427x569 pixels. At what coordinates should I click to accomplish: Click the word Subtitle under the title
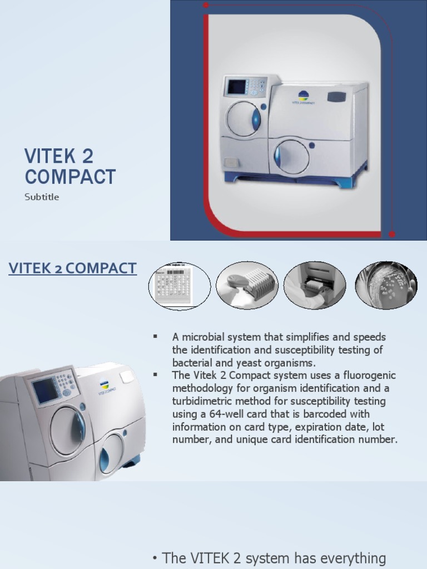(42, 197)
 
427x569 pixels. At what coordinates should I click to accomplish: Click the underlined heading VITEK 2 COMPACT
(72, 268)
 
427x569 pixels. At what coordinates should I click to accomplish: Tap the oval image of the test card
(179, 286)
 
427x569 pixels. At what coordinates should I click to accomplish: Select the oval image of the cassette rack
(247, 286)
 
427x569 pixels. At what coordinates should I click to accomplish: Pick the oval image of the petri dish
(386, 286)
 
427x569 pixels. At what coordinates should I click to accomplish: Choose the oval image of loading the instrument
(315, 286)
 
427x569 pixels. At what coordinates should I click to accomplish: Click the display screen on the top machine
(236, 87)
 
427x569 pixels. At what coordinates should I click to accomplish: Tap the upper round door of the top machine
(243, 118)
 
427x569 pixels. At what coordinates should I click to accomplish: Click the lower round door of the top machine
(291, 156)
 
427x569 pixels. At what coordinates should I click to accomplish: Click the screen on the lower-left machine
(45, 390)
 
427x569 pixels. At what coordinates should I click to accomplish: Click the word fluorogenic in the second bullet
(370, 376)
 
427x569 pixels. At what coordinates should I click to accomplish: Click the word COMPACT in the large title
(70, 177)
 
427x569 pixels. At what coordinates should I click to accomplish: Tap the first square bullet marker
(156, 337)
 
